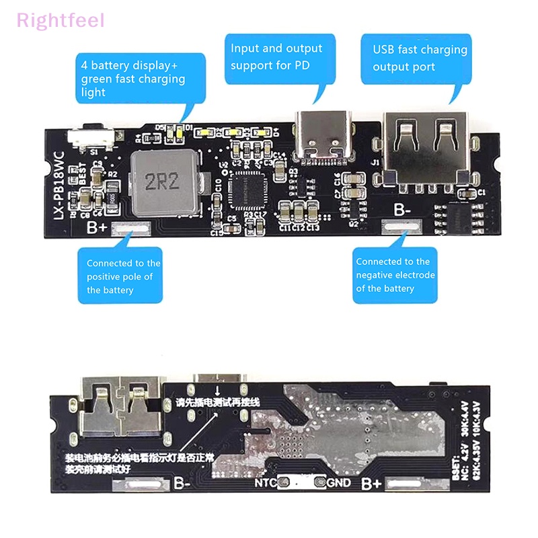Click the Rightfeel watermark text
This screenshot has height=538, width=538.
coord(61,20)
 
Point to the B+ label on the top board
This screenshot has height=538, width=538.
coord(97,227)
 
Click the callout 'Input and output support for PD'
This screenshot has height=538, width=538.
coord(276,57)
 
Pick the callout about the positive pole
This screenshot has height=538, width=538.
coord(124,276)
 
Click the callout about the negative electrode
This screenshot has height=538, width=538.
coord(395,275)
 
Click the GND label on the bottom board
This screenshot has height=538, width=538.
coord(340,483)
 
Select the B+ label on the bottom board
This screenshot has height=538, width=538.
coord(372,484)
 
